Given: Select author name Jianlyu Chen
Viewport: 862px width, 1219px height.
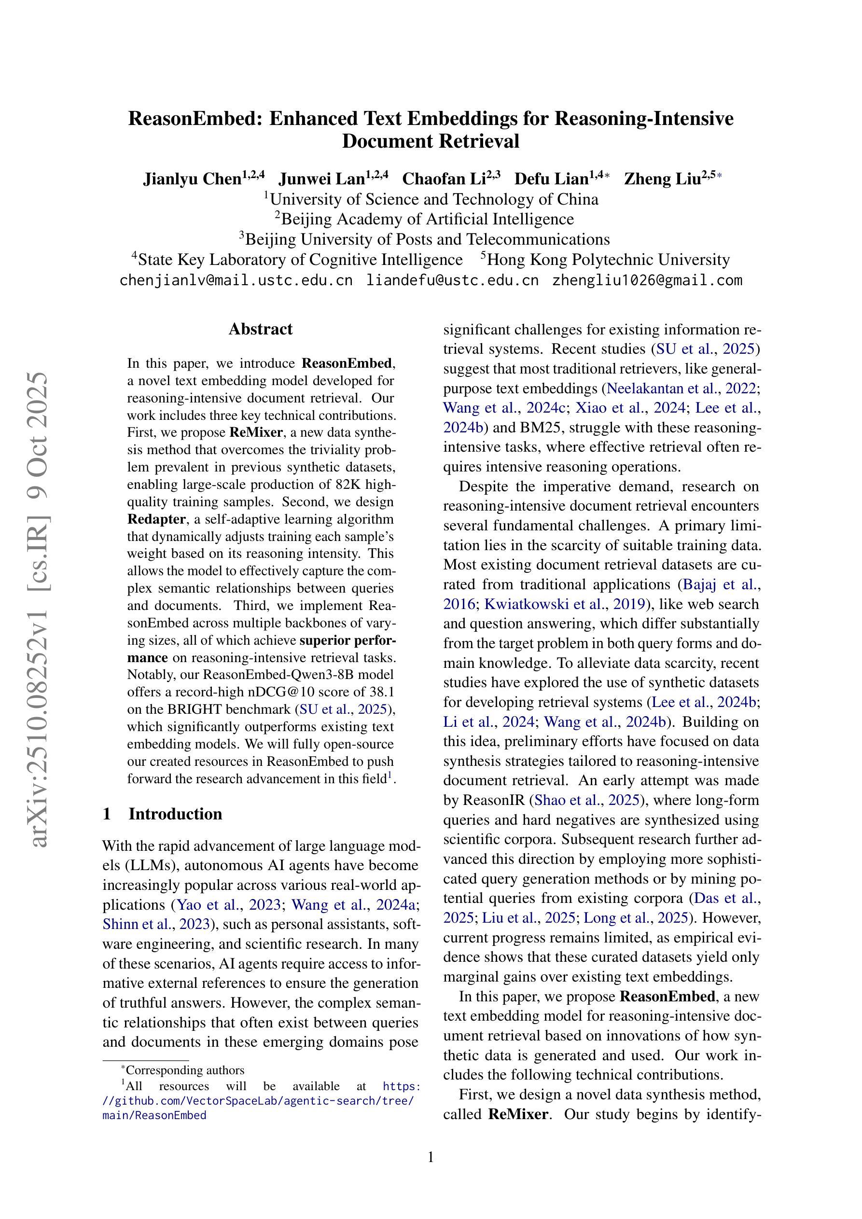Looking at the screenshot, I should point(192,180).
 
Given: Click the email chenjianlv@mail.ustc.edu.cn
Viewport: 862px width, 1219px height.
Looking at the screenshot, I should point(236,280).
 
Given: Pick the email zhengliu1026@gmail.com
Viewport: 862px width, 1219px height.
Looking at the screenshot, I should point(647,280).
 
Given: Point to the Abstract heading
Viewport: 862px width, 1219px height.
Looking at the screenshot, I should point(260,329).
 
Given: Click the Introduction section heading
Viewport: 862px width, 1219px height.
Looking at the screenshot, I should point(175,814).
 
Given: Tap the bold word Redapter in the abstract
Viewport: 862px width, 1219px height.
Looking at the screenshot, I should point(157,519).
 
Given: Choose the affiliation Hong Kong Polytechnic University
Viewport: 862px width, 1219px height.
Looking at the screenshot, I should point(608,260).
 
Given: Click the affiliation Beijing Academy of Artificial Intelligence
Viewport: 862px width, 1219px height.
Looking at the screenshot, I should point(427,219).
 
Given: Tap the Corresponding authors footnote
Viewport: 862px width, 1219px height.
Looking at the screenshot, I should point(184,1070).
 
